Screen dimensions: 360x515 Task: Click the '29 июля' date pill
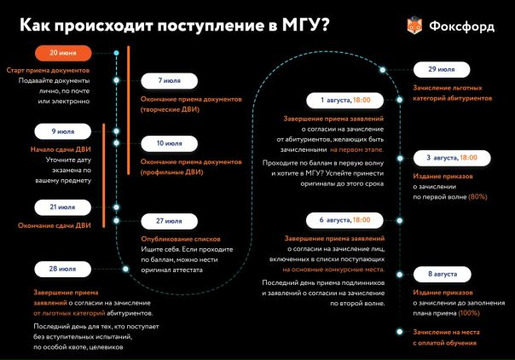tap(443, 69)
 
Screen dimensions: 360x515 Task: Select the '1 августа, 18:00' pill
tap(333, 99)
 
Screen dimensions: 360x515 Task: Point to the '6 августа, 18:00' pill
tap(333, 219)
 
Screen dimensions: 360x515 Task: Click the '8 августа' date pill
tap(443, 274)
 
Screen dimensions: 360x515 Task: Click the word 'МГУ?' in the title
tap(301, 25)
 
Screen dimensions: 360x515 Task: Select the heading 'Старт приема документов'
tap(48, 69)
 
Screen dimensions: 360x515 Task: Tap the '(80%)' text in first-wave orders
tap(477, 197)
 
